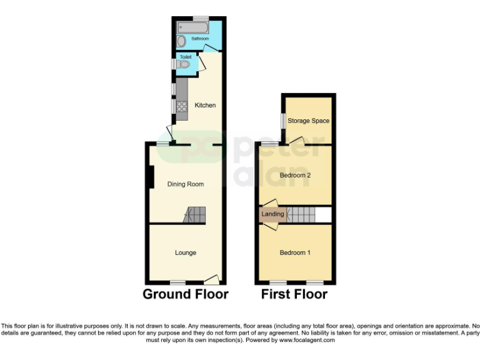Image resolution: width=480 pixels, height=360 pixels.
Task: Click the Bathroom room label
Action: click(200, 39)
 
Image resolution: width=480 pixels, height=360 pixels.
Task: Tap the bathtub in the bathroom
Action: click(192, 27)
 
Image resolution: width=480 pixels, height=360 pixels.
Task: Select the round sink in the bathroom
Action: click(181, 41)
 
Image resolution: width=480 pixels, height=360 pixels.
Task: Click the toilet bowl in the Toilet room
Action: click(182, 64)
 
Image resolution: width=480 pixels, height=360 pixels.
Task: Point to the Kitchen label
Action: click(205, 105)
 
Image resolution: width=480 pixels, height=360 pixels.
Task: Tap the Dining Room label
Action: click(185, 184)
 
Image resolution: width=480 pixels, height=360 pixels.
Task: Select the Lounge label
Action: click(186, 252)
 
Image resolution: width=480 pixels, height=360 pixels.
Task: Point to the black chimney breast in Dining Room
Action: click(151, 177)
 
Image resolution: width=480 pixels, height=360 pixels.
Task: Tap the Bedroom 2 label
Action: click(295, 175)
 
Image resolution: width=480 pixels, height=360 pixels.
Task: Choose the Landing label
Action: click(272, 214)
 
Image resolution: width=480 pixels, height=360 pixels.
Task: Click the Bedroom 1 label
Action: click(295, 252)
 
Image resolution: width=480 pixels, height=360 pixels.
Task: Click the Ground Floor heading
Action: click(186, 294)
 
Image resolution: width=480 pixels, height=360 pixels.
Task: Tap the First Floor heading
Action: click(294, 294)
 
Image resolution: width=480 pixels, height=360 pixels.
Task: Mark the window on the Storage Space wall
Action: click(282, 120)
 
